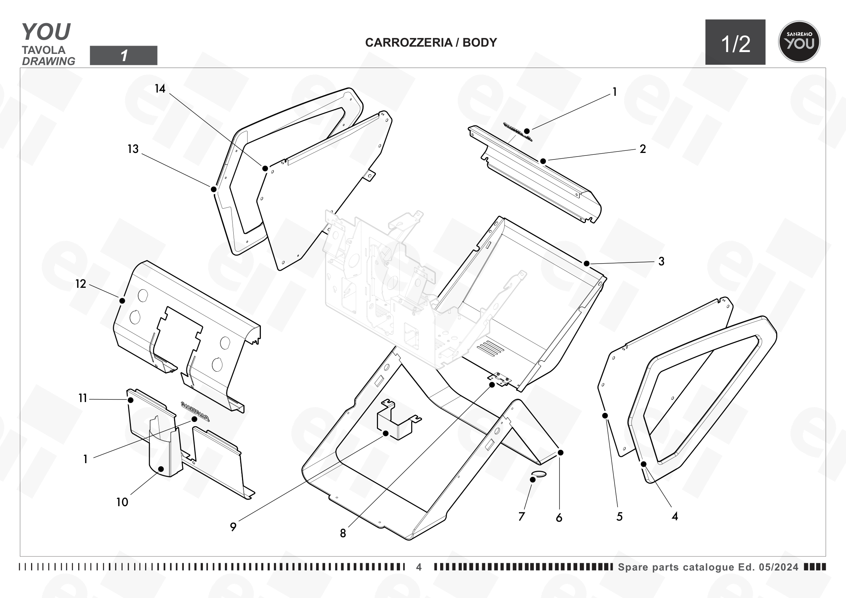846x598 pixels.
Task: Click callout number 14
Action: coord(160,89)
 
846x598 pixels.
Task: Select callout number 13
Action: coord(133,149)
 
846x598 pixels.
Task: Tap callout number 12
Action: coord(81,284)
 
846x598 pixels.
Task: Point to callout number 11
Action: coord(82,398)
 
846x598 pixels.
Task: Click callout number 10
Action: coord(122,502)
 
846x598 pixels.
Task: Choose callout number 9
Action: coord(233,527)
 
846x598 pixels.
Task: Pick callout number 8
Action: coord(343,534)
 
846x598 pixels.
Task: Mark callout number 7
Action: coord(522,517)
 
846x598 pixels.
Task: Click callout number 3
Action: coord(662,261)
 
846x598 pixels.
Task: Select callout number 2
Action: coord(643,149)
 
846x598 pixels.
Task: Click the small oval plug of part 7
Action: coord(539,474)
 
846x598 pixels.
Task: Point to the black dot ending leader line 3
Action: coord(587,264)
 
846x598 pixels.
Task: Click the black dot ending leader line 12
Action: coord(122,301)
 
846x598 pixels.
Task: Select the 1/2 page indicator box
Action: coord(735,42)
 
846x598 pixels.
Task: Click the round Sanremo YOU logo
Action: coord(799,42)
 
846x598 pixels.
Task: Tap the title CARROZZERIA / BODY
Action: coord(431,43)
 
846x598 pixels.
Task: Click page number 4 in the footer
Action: coord(419,567)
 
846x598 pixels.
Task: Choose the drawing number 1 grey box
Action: coord(124,56)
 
